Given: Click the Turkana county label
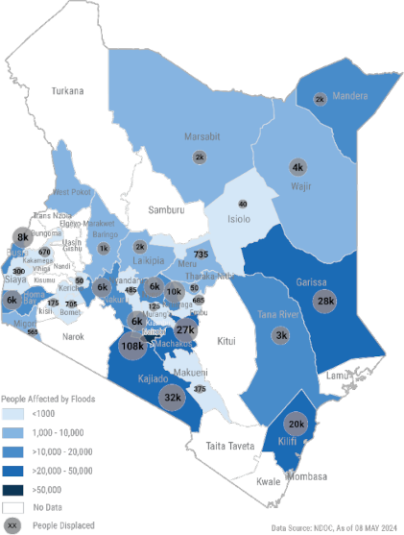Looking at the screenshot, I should coord(68,91).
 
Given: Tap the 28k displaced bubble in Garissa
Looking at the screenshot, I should coord(325,302).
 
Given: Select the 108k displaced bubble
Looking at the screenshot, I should coord(132,346).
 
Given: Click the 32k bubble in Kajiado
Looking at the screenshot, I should coord(173,396).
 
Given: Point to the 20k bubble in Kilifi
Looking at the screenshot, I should coord(296,425).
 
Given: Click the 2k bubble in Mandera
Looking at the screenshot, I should coord(321,99).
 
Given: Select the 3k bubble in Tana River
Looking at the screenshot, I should coord(281,335).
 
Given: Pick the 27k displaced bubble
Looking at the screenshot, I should coord(186,329).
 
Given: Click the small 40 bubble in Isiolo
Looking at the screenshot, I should coord(242,205).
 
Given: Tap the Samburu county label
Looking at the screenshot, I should coord(165,209).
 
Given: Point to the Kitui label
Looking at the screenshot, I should coord(226,341).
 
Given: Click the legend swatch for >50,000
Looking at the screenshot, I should coord(13,489).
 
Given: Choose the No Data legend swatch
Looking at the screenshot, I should coord(13,507).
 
